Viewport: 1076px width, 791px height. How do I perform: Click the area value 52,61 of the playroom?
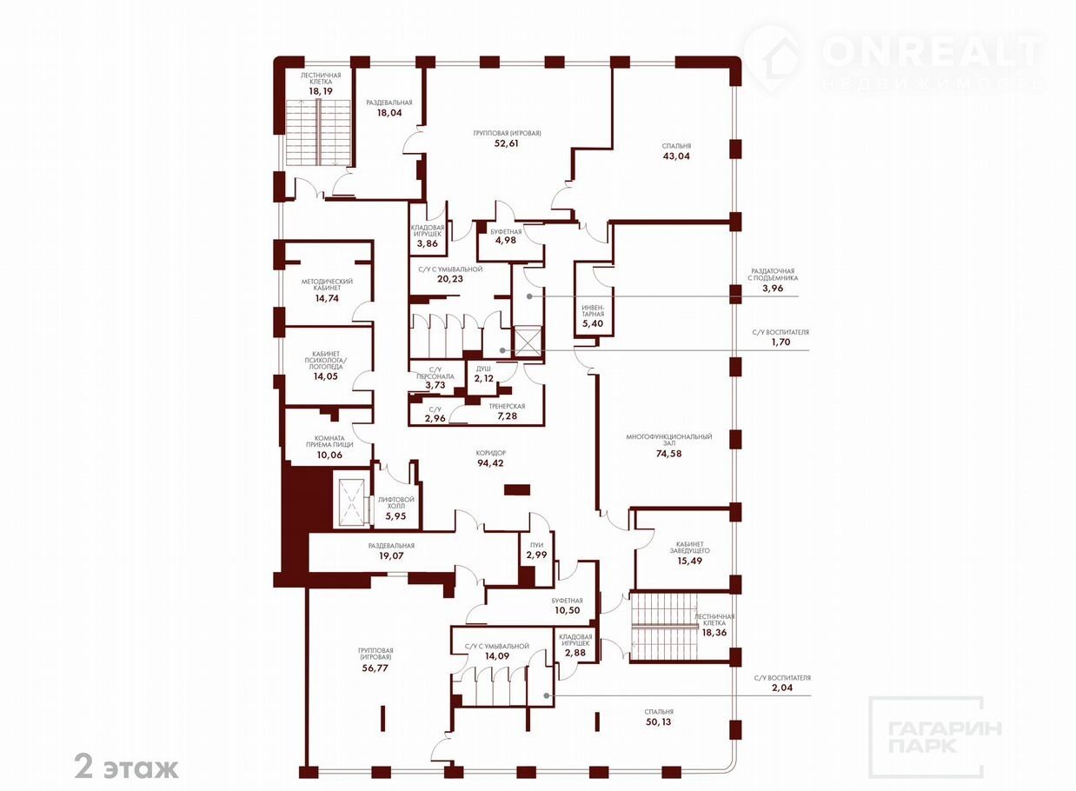click(x=507, y=143)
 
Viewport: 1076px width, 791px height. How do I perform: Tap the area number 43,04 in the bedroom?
click(x=676, y=156)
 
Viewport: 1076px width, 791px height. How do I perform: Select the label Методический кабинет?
click(x=327, y=284)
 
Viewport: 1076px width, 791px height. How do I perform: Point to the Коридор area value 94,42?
click(x=490, y=463)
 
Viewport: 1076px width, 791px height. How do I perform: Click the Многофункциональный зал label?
click(x=668, y=440)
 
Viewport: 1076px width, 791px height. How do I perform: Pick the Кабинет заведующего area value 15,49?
click(x=689, y=561)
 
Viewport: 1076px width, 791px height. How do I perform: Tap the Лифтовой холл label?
click(x=395, y=502)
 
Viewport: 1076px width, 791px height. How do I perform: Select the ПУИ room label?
click(x=536, y=545)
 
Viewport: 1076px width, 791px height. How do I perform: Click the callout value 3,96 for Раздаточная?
click(x=773, y=289)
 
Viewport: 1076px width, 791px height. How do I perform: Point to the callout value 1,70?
click(x=780, y=342)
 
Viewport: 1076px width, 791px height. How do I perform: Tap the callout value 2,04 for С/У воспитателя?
click(x=782, y=688)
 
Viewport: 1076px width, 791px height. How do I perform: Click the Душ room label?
click(x=483, y=369)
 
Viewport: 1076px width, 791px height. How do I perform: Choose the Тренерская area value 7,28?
click(x=508, y=415)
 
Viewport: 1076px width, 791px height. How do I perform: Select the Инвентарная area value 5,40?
click(x=593, y=323)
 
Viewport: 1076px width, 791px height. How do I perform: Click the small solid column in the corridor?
click(x=517, y=489)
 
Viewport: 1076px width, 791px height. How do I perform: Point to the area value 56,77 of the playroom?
click(x=375, y=668)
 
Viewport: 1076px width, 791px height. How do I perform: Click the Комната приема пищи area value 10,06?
click(x=329, y=455)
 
